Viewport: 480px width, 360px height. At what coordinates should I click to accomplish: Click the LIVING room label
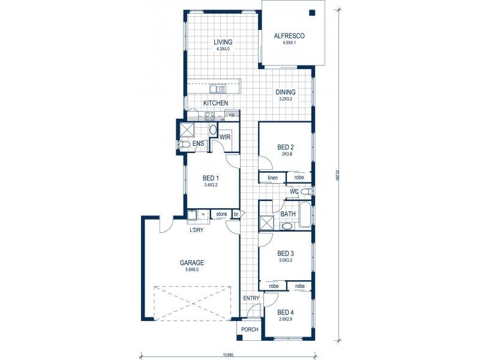coord(223,42)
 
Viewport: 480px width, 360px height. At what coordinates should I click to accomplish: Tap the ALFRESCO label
coord(289,36)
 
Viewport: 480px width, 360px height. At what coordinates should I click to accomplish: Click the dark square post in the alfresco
coord(313,13)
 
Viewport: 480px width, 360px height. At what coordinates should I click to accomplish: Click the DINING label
coord(286,92)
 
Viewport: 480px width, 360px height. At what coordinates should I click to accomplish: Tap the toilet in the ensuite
coord(185,145)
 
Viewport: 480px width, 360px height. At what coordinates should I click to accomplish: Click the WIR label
coord(226,137)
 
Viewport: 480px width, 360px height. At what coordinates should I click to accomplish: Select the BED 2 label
coord(286,147)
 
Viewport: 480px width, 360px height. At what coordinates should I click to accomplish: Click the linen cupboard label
coord(271,178)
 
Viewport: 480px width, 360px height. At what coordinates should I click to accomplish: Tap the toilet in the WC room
coord(305,191)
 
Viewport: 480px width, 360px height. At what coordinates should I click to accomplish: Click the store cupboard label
coord(221,214)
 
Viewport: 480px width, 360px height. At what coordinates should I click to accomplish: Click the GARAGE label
coord(193,262)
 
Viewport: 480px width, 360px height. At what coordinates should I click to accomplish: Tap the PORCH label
coord(250,330)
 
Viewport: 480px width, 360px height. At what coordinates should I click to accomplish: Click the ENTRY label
coord(250,298)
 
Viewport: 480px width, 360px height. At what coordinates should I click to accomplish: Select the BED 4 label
coord(286,311)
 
